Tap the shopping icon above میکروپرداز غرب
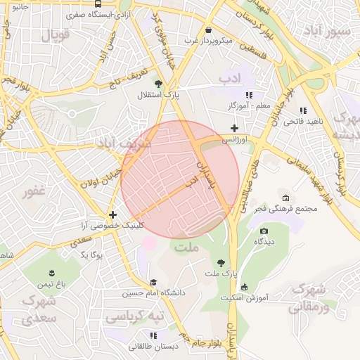(210, 30)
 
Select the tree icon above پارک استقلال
(157, 83)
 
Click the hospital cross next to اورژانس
(235, 128)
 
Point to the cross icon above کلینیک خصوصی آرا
(112, 214)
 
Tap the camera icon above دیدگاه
(264, 231)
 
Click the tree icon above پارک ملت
(222, 262)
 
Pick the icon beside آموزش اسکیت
(244, 287)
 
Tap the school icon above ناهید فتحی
(302, 110)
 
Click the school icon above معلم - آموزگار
(249, 94)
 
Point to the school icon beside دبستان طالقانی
(153, 335)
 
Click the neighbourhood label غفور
(33, 192)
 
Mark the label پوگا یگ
(89, 255)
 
